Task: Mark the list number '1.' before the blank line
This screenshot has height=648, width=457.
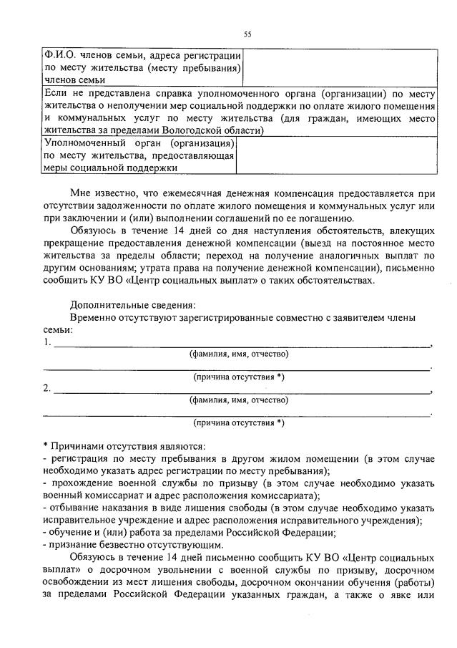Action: click(47, 342)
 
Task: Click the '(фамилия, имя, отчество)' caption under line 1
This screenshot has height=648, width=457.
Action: click(238, 354)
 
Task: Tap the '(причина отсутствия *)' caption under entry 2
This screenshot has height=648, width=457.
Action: click(238, 422)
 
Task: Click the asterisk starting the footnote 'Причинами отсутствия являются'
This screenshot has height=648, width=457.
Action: click(45, 445)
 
